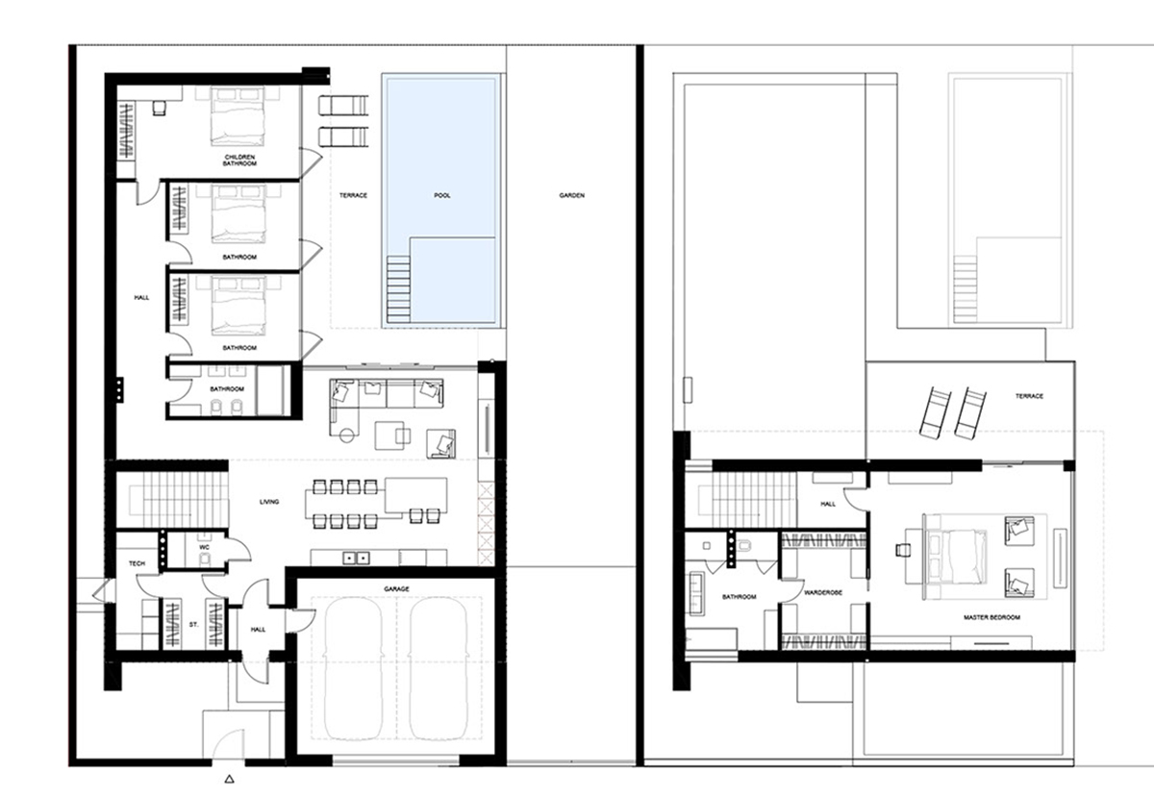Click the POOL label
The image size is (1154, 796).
click(x=442, y=195)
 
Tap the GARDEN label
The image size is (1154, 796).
click(x=571, y=195)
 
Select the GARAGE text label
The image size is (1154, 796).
click(x=396, y=587)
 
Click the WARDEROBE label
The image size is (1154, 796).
click(x=823, y=593)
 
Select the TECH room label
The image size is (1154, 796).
click(x=137, y=563)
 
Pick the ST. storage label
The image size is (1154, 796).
click(x=193, y=625)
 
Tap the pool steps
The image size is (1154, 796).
click(x=396, y=291)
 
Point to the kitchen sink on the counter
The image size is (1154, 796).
click(x=359, y=556)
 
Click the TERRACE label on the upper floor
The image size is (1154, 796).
click(x=1029, y=396)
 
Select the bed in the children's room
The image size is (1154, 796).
click(x=237, y=119)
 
